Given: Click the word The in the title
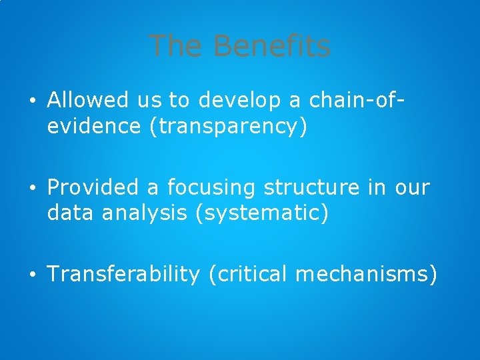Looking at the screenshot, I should click(x=177, y=46).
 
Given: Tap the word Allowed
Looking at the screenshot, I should click(x=88, y=101).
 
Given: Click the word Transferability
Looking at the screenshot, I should click(x=123, y=274).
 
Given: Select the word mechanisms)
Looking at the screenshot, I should click(x=366, y=274).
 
